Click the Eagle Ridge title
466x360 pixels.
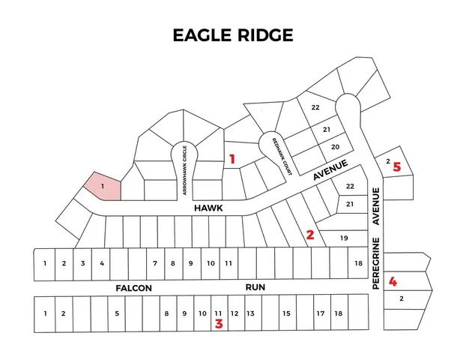coord(232,35)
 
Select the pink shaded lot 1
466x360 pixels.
coord(101,185)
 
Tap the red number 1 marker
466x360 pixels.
coord(232,158)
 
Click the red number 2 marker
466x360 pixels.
coord(310,235)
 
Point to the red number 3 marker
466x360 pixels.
coord(219,324)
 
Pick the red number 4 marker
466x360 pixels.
coord(393,282)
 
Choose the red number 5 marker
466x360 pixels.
coord(397,167)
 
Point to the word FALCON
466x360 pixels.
coord(134,288)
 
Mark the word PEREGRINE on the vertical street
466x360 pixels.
coord(377,263)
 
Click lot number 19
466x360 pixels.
coord(344,238)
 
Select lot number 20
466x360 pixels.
coord(336,146)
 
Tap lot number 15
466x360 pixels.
coord(286,313)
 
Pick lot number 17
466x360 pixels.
coord(320,313)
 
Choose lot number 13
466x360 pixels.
coord(251,313)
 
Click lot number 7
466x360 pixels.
coord(155,263)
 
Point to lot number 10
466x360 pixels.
coord(211,263)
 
